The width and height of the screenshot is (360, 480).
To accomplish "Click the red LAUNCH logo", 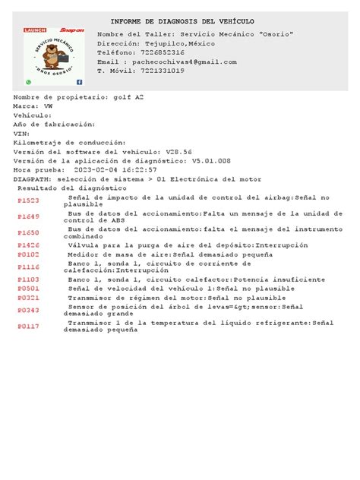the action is point(36,30).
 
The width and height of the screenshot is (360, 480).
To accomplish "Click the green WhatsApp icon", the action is point(28,81).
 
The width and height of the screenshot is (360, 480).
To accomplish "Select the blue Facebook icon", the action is point(80,81).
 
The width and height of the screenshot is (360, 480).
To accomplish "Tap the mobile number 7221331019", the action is point(173,70).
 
